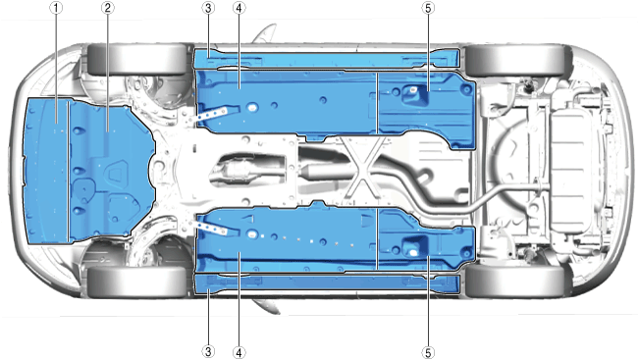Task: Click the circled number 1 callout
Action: (x=56, y=8)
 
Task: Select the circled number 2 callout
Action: (x=107, y=8)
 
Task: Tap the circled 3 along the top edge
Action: (x=208, y=8)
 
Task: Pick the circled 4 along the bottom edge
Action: (x=239, y=352)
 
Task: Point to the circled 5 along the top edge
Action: (x=428, y=8)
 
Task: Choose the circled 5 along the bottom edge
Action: (x=428, y=352)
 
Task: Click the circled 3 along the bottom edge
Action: (x=208, y=352)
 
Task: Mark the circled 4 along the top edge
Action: (x=239, y=8)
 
